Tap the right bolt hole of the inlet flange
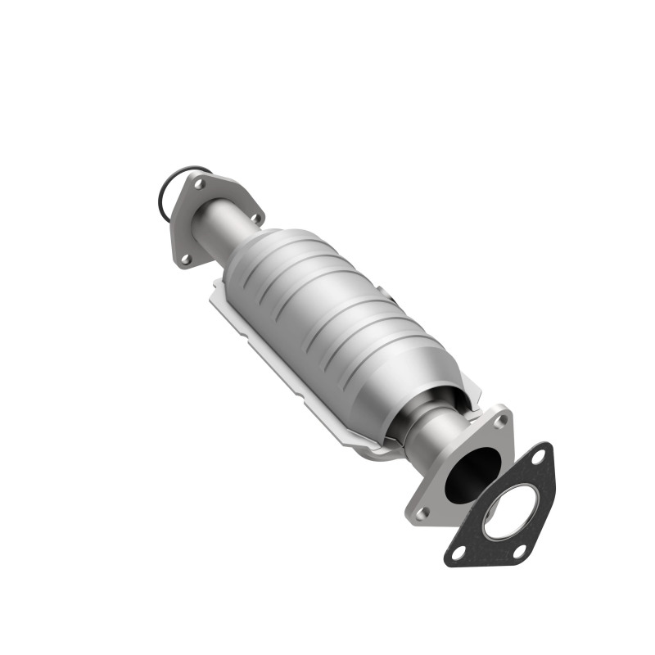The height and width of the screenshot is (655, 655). pos(255,218)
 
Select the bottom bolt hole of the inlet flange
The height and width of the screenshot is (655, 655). pos(185,259)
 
